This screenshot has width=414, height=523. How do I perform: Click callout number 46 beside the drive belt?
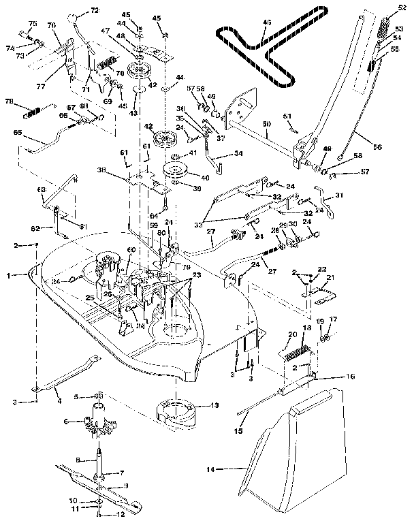point(266,22)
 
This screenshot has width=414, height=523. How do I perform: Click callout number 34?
point(238,153)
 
